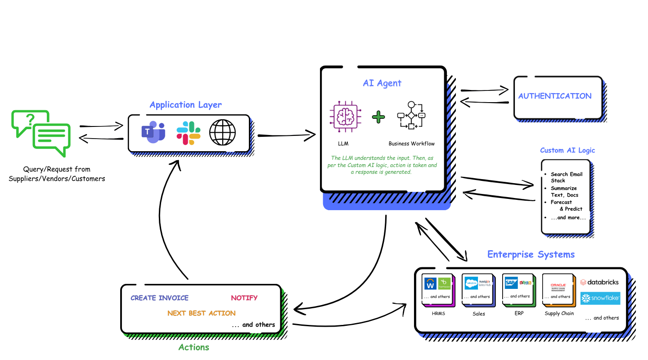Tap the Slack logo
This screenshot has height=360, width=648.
tap(189, 133)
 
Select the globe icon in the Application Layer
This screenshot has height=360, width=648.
tap(222, 132)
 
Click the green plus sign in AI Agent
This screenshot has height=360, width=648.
tap(378, 117)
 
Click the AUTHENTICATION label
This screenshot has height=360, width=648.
tap(555, 96)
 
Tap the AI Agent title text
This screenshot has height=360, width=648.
tap(382, 83)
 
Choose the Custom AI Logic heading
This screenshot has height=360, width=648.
tap(567, 150)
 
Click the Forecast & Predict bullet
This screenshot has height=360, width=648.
tap(566, 206)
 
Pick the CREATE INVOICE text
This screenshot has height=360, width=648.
tap(159, 298)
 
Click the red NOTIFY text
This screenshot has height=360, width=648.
tap(244, 298)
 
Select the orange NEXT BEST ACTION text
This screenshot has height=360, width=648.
tap(201, 313)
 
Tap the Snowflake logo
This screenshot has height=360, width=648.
tap(600, 298)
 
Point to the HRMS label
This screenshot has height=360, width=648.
tap(438, 313)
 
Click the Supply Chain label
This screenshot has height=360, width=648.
tap(559, 313)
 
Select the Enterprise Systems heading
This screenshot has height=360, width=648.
tap(531, 254)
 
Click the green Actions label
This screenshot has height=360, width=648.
tap(193, 347)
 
